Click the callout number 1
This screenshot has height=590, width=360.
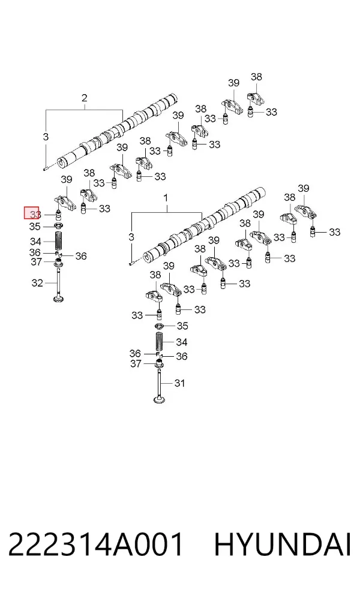coord(166,198)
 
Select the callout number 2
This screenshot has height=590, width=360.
coord(85,98)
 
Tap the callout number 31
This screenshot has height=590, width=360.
coord(179,383)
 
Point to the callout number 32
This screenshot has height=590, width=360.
coord(37,282)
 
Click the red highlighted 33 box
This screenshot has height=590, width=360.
coord(32,213)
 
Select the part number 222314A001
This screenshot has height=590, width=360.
coord(96,544)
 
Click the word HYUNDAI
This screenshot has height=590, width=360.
coord(283,544)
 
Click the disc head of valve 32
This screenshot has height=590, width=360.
coord(59,300)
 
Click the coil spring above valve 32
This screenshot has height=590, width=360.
coord(59,241)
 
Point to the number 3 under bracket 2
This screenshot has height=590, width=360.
coord(46,137)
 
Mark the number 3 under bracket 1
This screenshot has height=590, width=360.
coord(131,237)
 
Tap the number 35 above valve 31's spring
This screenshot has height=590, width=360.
coord(182,326)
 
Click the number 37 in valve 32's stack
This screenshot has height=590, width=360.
coord(36,261)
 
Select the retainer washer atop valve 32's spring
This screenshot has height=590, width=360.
coord(58,226)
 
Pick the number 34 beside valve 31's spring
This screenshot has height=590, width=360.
coord(182,342)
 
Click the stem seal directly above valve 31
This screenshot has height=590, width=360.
coord(160,364)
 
